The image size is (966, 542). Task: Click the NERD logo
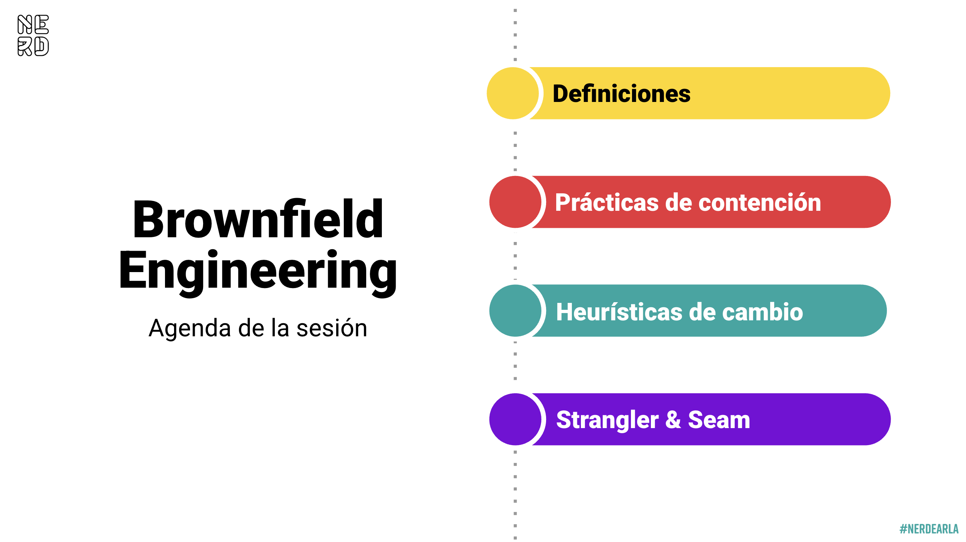33,36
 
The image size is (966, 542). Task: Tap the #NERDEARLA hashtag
929,529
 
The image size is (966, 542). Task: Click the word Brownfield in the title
258,219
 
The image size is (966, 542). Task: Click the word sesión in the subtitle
331,328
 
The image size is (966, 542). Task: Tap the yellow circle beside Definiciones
513,93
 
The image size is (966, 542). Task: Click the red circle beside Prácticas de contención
515,202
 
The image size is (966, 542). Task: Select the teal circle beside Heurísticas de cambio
515,311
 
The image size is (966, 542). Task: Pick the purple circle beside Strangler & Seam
515,419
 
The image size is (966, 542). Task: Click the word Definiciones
622,93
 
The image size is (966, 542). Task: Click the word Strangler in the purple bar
607,420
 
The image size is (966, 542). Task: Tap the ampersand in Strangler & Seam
673,419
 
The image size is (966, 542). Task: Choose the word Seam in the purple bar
719,419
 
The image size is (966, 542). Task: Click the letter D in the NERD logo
42,46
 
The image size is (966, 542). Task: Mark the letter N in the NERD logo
25,24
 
